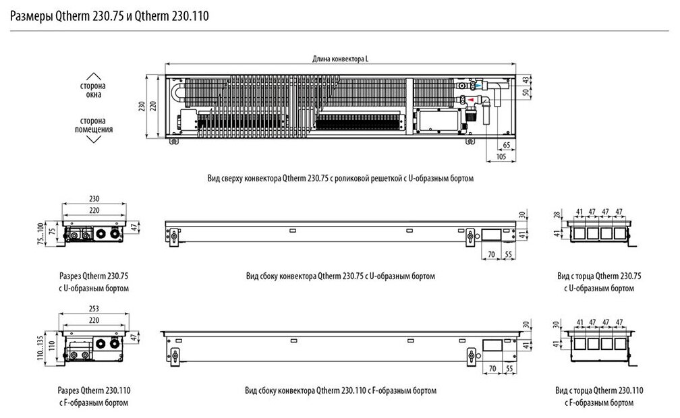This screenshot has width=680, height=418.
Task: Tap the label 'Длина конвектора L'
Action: [x=340, y=59]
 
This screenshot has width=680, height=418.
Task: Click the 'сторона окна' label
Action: [x=94, y=91]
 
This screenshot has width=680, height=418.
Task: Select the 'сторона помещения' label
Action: [x=94, y=125]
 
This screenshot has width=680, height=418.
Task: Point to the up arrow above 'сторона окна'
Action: [x=94, y=75]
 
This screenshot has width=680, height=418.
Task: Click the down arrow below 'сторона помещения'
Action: [x=94, y=140]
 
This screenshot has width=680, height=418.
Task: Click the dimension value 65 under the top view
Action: [x=506, y=146]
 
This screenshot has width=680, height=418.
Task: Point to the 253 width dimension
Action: [x=94, y=309]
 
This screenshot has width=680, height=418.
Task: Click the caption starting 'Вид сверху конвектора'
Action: [x=341, y=179]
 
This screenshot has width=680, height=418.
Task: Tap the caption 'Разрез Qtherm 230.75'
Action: [x=94, y=276]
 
